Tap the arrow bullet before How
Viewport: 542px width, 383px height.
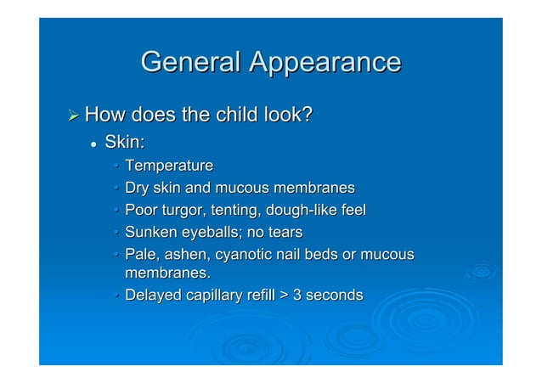[74, 114]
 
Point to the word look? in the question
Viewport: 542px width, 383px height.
[285, 113]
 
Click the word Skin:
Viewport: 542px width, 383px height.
[127, 140]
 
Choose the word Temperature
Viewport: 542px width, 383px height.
[168, 165]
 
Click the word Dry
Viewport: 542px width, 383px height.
[137, 187]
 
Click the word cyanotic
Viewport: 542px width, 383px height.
[248, 254]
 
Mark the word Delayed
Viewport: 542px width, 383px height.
[152, 296]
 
